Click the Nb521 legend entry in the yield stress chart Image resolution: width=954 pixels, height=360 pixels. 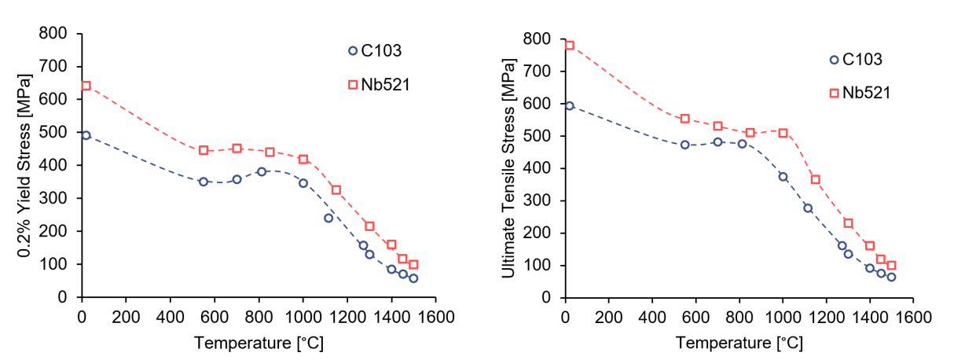(x=379, y=84)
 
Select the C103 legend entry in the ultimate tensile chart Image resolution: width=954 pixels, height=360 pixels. (x=856, y=60)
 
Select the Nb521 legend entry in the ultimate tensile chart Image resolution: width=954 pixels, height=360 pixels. (x=860, y=93)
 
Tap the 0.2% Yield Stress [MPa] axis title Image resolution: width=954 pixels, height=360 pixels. (x=25, y=164)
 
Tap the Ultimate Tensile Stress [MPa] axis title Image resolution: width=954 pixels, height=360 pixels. (x=508, y=165)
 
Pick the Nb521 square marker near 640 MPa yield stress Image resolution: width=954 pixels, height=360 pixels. (x=86, y=86)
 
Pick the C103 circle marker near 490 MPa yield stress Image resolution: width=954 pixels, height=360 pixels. (x=86, y=135)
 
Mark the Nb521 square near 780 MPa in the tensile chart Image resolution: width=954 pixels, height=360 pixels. (x=569, y=46)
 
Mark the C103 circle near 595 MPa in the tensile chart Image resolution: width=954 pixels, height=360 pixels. (x=569, y=105)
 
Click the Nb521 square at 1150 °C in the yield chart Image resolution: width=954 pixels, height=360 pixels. (x=336, y=189)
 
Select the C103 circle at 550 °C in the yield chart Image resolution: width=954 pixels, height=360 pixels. (x=203, y=182)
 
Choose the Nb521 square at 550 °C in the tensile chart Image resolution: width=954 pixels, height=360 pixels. (x=684, y=119)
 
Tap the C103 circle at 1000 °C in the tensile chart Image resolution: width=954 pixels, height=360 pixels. (x=783, y=177)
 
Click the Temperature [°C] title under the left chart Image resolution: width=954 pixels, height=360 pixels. (x=259, y=343)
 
